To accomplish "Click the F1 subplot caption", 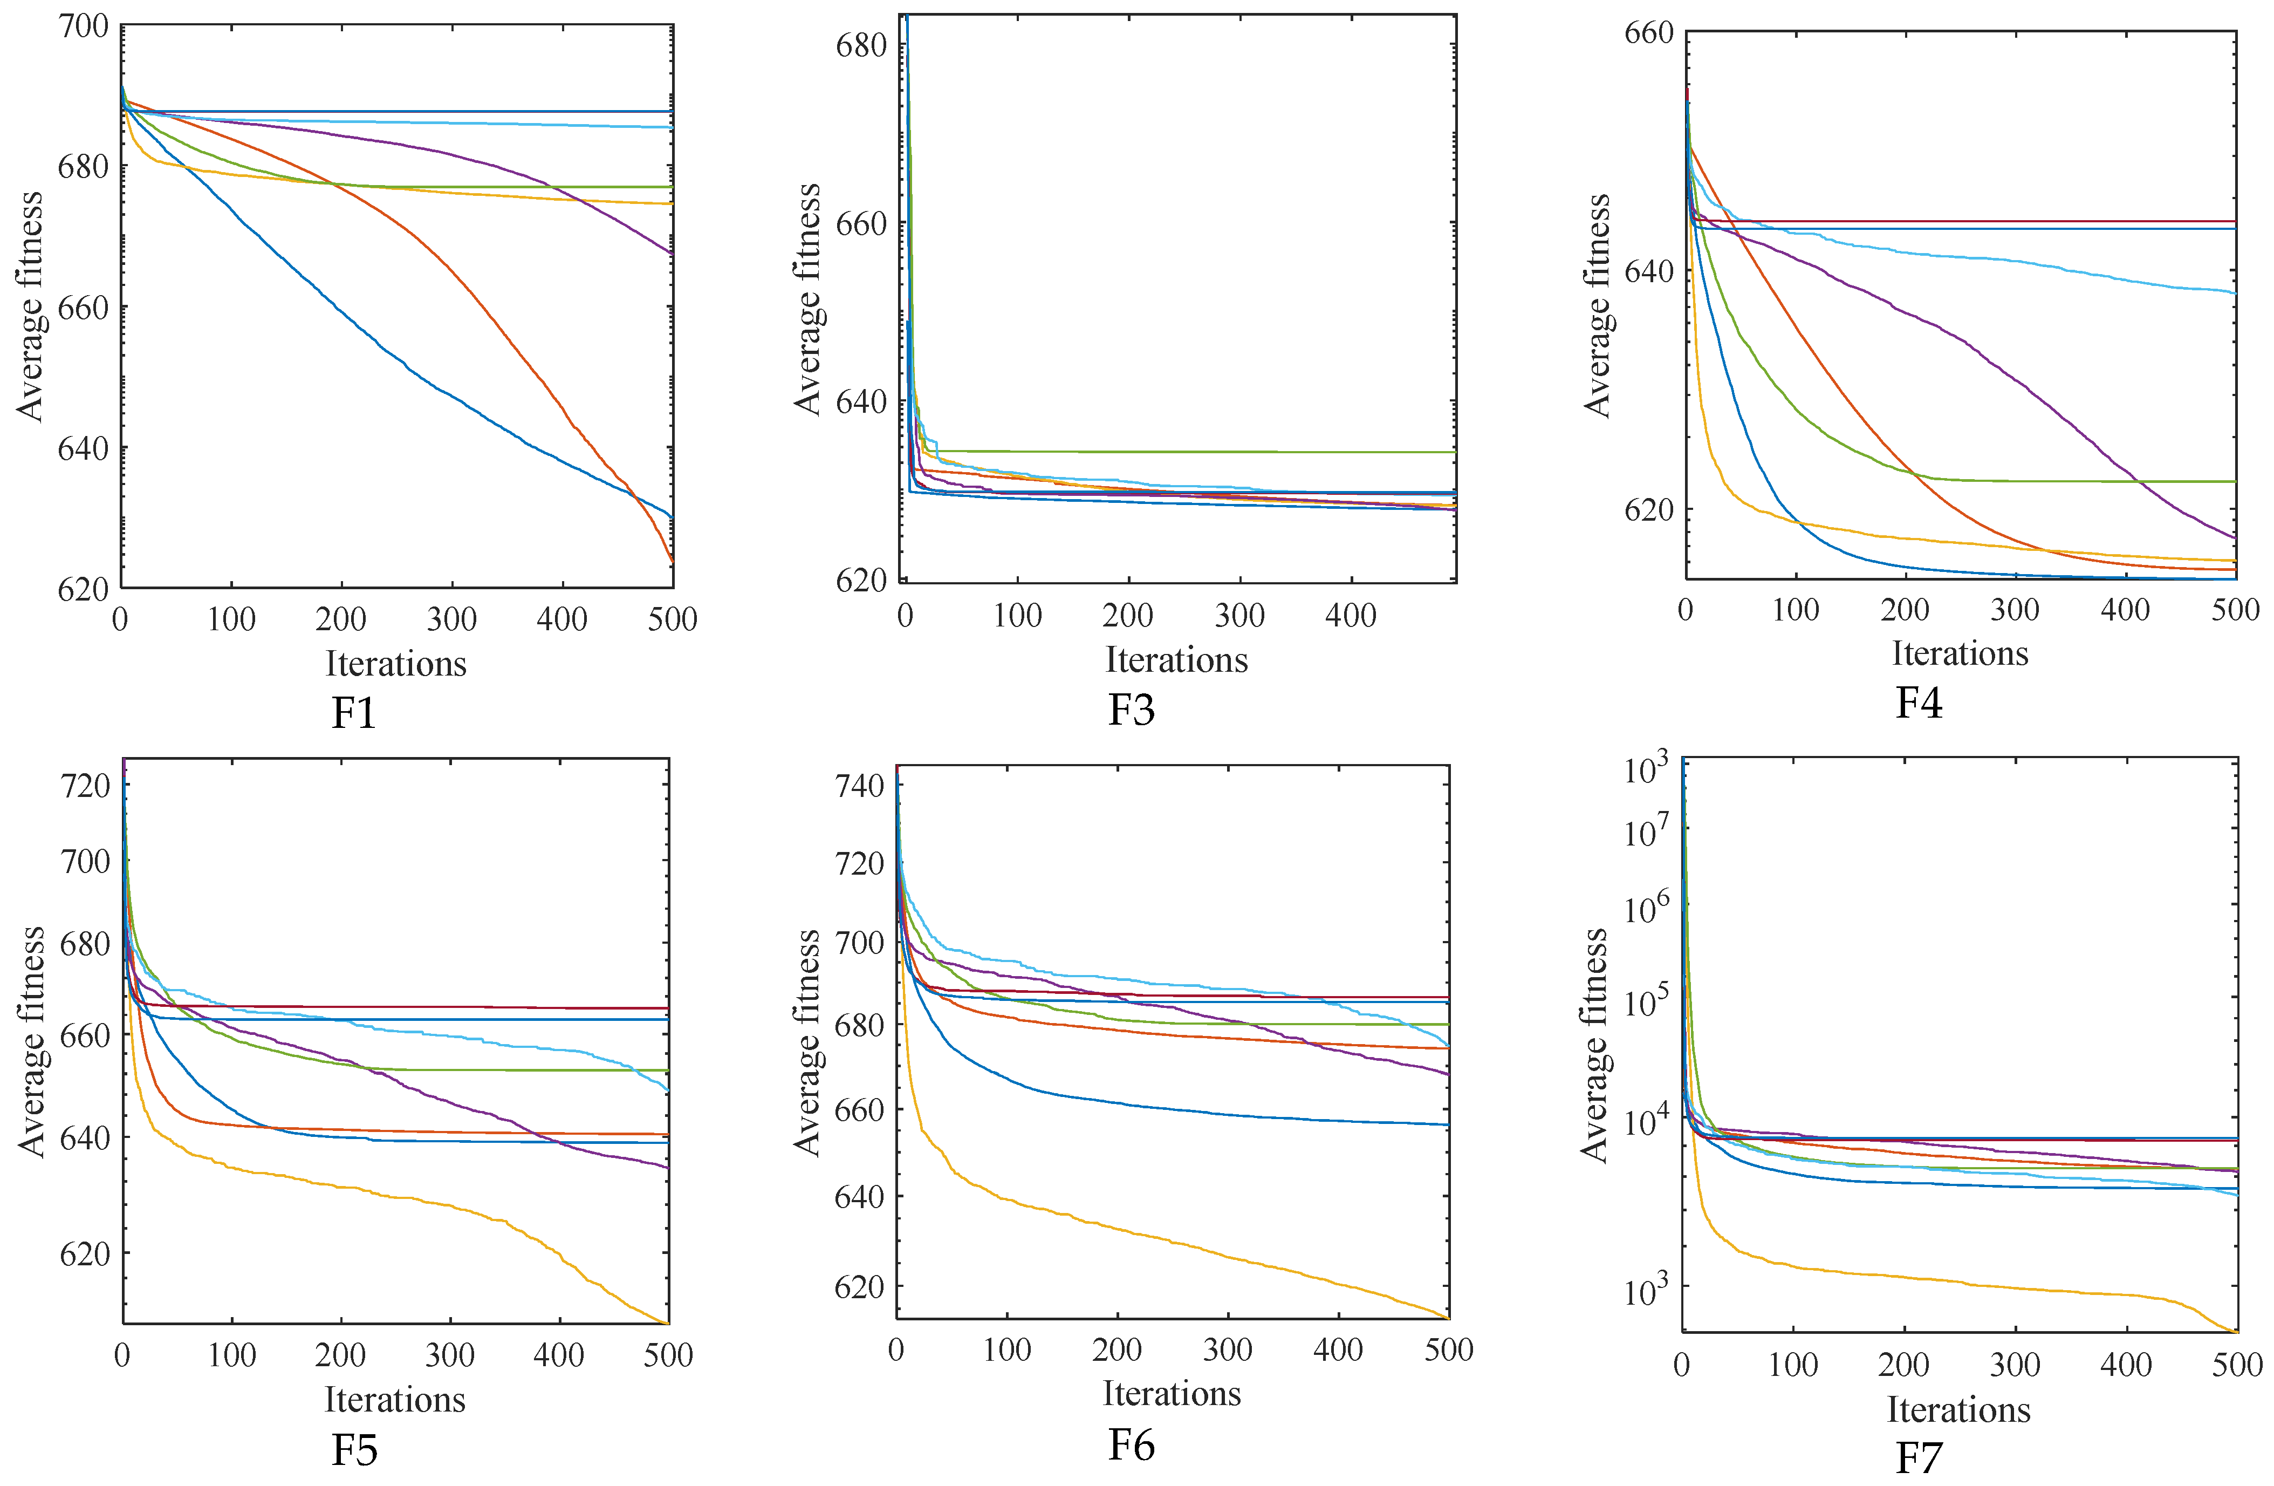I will point(353,713).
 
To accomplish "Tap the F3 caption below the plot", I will point(1131,709).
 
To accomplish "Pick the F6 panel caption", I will point(1131,1444).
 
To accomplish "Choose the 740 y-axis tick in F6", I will point(859,786).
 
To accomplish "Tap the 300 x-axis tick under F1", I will point(452,619).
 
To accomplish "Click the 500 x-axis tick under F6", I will point(1448,1349).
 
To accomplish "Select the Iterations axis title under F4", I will point(1960,653).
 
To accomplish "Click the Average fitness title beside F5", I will point(31,1041).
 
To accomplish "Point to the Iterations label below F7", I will point(1958,1409).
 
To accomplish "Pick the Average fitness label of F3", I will point(807,299).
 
